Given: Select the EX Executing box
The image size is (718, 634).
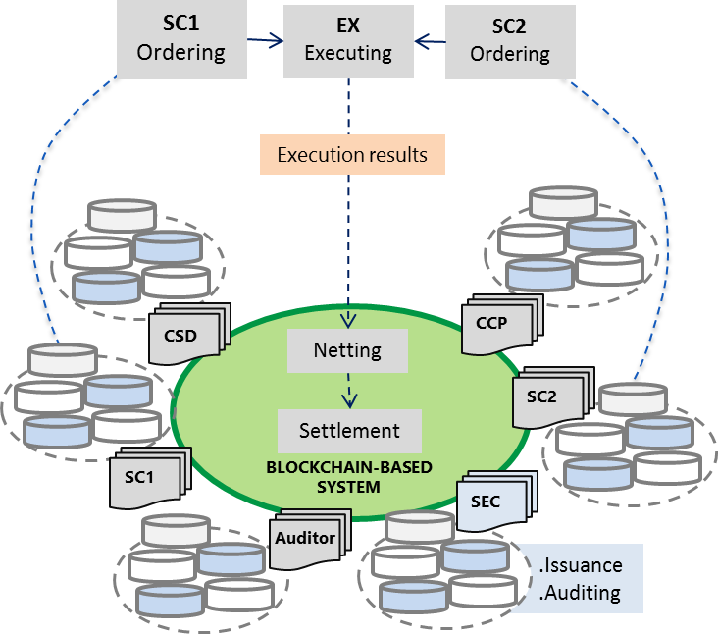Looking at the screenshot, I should tap(347, 38).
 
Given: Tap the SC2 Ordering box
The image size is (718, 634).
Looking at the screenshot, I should tap(508, 38).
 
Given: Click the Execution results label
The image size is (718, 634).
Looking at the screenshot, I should tap(352, 155).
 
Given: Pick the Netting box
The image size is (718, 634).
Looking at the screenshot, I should tap(347, 349).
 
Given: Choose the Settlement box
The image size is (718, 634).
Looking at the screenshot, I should tap(349, 430).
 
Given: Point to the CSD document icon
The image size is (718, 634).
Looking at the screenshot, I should tap(183, 337).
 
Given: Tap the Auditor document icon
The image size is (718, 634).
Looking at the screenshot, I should tap(304, 539).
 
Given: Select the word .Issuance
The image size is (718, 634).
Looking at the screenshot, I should tap(581, 566).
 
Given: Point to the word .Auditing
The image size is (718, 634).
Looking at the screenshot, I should tap(581, 593).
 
